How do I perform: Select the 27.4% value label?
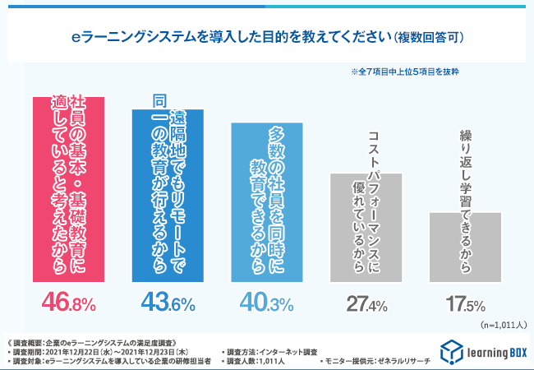(366, 304)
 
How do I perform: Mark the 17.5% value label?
(466, 304)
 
